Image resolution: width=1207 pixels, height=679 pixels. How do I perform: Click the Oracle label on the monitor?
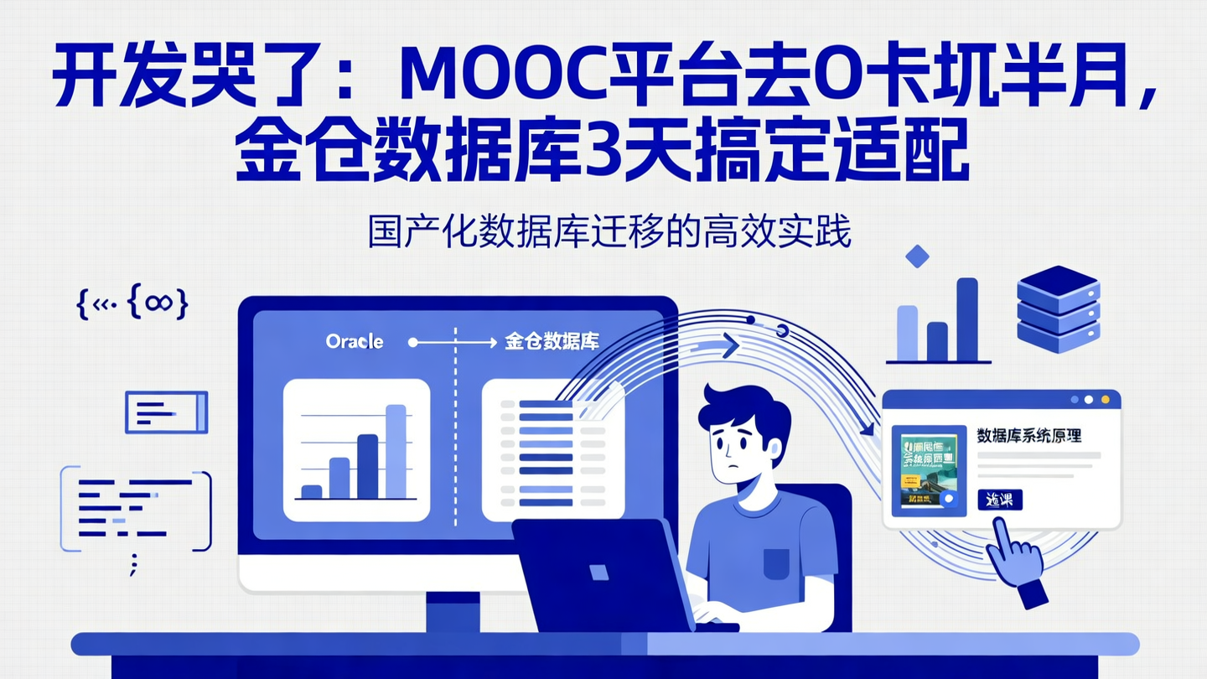tap(355, 342)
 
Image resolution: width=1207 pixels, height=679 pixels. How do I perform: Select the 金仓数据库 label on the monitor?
tap(552, 342)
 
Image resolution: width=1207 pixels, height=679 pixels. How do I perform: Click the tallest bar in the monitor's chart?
tap(396, 451)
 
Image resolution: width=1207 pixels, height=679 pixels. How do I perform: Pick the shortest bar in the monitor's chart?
tap(311, 492)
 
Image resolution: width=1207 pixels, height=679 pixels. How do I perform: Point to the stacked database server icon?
tap(1057, 308)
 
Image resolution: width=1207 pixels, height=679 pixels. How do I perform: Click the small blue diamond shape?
tap(918, 256)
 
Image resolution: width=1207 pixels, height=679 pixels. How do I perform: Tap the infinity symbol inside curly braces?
tap(157, 303)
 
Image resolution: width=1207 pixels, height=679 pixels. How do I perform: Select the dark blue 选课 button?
tap(999, 500)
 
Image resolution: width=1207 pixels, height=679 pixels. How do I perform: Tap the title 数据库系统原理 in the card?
tap(1028, 436)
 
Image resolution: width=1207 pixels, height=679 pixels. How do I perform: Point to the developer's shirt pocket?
tap(775, 563)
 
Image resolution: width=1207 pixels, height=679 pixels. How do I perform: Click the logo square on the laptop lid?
tap(598, 572)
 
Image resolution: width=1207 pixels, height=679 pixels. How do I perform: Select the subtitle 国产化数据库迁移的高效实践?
tap(609, 233)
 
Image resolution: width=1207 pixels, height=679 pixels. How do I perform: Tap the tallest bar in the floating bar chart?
tap(966, 319)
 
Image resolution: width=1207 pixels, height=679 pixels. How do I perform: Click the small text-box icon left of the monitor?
tap(166, 412)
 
